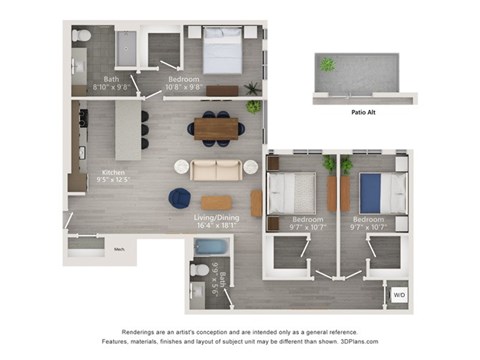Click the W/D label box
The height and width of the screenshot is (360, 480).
click(399, 295)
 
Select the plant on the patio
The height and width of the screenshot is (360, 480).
click(327, 65)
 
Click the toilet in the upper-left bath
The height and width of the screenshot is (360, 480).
click(80, 38)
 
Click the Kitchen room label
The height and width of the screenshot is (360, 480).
click(113, 172)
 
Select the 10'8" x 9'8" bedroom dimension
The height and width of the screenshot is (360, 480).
click(183, 87)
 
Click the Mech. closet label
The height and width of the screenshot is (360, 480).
click(118, 248)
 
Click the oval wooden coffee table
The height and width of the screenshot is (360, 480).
click(215, 202)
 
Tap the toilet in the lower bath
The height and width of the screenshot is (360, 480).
click(198, 271)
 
